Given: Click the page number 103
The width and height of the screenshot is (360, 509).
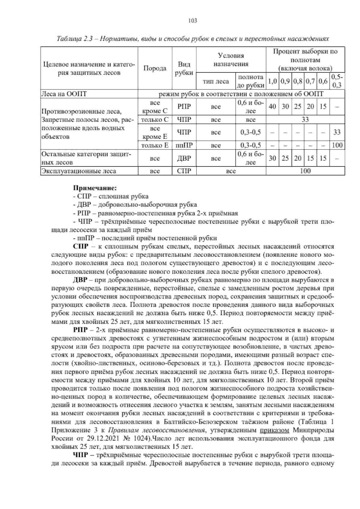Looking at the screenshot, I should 192,20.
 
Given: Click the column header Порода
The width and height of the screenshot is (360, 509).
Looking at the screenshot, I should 154,68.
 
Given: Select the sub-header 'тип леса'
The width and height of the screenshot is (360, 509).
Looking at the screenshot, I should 216,81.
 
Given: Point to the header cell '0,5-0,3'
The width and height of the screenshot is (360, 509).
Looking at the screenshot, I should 337,81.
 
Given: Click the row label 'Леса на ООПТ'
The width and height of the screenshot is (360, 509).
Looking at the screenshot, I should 64,94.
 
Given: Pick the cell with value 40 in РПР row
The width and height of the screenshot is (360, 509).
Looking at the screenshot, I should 272,107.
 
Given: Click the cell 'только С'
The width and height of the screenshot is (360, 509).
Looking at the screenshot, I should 154,120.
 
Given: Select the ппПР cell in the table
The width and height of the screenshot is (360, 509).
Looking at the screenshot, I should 184,146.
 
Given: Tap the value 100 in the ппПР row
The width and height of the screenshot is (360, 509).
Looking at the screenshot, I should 337,146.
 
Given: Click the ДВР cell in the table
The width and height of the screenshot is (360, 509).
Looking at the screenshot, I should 184,158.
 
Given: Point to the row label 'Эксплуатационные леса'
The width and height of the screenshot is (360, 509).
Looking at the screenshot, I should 79,171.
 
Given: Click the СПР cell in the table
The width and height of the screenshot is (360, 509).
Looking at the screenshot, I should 184,171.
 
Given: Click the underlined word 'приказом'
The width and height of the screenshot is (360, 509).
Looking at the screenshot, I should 274,430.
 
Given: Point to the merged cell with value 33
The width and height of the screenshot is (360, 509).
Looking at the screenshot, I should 305,120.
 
